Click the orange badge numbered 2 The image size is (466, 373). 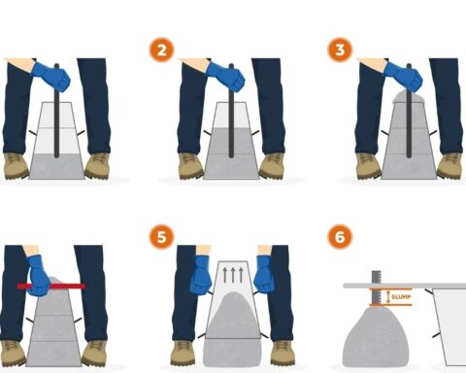pos(161,51)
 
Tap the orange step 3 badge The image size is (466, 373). pos(340,50)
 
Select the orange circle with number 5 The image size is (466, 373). pos(161,237)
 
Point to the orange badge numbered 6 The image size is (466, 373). pos(340,237)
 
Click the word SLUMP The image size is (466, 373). pos(401,297)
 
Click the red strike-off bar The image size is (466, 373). pos(51,287)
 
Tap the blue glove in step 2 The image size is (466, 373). pos(225,77)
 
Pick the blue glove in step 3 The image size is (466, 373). pos(403,77)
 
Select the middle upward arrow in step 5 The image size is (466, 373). pos(233,275)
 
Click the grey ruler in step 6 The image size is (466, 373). pos(376,288)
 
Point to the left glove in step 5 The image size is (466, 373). pos(201,275)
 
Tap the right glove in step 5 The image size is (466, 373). pos(264,275)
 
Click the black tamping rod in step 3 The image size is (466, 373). pos(409,111)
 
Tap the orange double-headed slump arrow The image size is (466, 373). pos(388,297)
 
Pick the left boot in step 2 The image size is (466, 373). pos(191,166)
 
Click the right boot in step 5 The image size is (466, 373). pos(283,353)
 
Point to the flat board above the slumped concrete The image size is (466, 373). pos(405,286)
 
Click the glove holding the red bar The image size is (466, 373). pos(38,275)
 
